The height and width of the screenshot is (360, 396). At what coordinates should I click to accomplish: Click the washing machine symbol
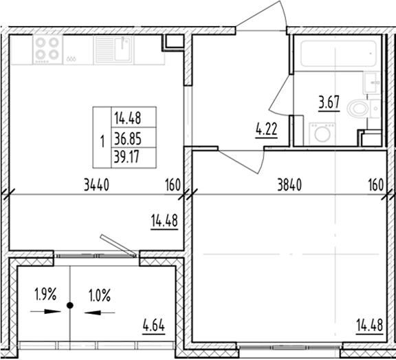[321, 133]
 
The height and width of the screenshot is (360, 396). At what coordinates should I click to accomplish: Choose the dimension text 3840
[289, 184]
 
